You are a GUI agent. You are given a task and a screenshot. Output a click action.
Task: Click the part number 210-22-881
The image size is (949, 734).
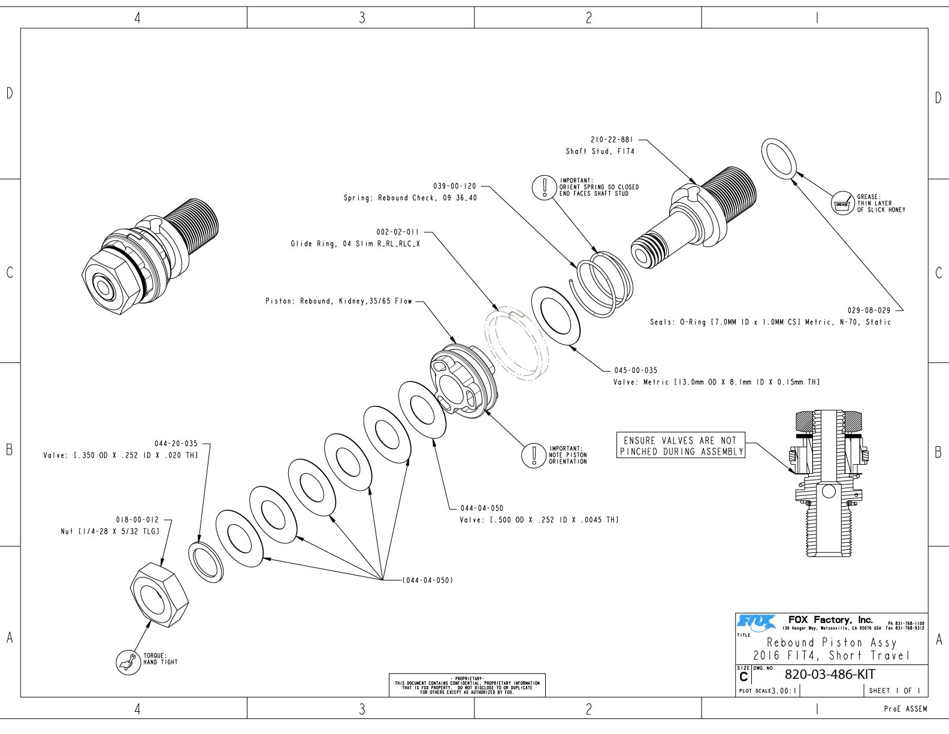pos(612,140)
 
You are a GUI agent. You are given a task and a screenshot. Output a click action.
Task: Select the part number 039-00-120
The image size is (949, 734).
pos(454,186)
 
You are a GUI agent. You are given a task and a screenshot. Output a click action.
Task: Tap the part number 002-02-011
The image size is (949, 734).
pos(398,232)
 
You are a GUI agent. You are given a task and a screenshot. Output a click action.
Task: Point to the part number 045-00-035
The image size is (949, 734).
pos(635,371)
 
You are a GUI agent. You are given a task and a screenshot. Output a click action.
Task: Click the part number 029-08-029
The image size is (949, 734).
pos(869,311)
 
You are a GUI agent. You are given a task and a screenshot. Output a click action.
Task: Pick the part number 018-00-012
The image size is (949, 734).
pos(137,520)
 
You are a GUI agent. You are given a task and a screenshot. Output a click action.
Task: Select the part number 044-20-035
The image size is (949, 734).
pos(176,444)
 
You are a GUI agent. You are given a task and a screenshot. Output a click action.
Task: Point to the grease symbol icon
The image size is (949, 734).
pos(842,204)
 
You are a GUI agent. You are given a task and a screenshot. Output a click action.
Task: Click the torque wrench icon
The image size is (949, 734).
pos(127,662)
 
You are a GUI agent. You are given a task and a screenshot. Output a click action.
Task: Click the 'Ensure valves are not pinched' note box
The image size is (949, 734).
pos(681,446)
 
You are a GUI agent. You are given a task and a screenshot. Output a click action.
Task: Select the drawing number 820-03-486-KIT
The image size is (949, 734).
pos(830,674)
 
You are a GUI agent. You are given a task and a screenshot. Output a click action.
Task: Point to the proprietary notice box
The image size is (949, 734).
pos(467,685)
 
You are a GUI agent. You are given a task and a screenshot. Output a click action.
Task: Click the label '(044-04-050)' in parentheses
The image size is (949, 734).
pos(428,580)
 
